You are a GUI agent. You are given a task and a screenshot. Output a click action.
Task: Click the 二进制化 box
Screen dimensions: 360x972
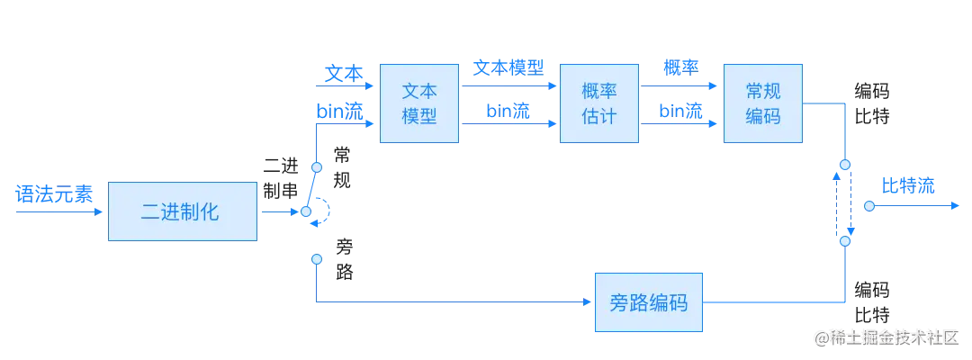tap(183, 212)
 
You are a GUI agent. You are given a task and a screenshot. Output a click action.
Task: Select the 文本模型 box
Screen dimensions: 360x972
tap(418, 103)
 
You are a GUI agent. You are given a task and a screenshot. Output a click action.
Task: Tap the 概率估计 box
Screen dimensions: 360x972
tap(599, 103)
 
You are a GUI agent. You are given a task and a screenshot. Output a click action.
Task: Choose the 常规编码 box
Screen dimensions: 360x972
tap(762, 103)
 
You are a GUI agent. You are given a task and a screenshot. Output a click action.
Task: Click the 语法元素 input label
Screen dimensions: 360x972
tap(55, 193)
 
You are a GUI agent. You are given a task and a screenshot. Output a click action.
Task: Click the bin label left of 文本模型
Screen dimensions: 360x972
tap(340, 110)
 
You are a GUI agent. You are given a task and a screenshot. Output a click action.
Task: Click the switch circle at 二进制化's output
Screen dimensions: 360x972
tap(306, 212)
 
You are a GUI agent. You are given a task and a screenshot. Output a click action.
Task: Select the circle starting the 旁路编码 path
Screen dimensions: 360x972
tap(316, 259)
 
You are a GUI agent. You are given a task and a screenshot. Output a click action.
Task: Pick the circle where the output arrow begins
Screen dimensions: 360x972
tap(869, 206)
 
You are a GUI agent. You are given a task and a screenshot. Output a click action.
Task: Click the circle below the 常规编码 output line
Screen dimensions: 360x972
tap(844, 166)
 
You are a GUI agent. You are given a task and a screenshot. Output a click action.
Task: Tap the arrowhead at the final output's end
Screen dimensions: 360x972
tap(958, 206)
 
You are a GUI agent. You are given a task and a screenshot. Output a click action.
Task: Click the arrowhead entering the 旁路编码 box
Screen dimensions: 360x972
tap(587, 303)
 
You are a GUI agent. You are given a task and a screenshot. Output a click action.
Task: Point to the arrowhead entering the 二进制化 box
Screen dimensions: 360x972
tap(103, 212)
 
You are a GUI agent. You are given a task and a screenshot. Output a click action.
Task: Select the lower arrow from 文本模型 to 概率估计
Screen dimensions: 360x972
tap(508, 125)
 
